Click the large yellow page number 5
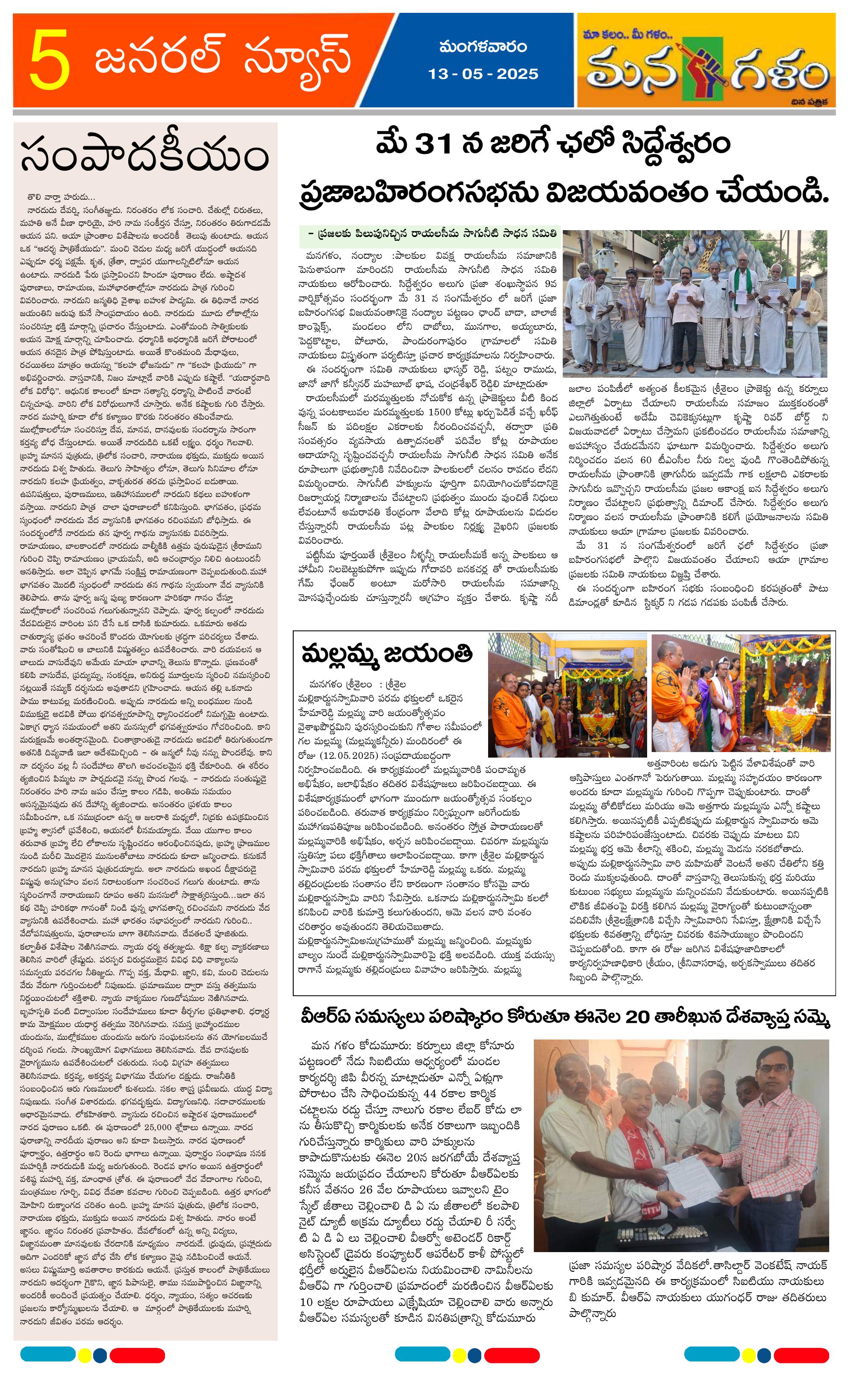(50, 60)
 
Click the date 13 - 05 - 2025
(483, 74)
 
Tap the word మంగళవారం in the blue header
(483, 47)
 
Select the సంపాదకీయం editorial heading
(145, 157)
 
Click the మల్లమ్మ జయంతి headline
(387, 654)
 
